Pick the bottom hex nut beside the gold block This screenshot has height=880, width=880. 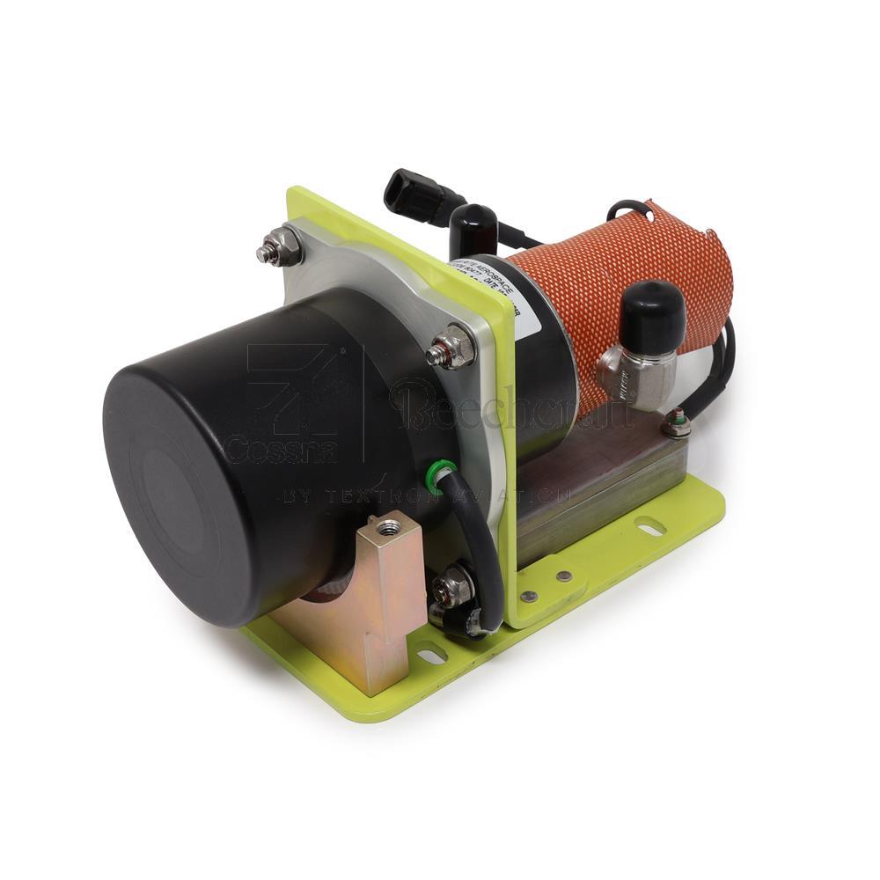point(452,589)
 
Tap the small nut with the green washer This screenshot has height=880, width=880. point(676,425)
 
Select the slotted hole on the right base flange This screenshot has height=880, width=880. point(651,529)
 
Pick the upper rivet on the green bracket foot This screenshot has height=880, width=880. point(563,576)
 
